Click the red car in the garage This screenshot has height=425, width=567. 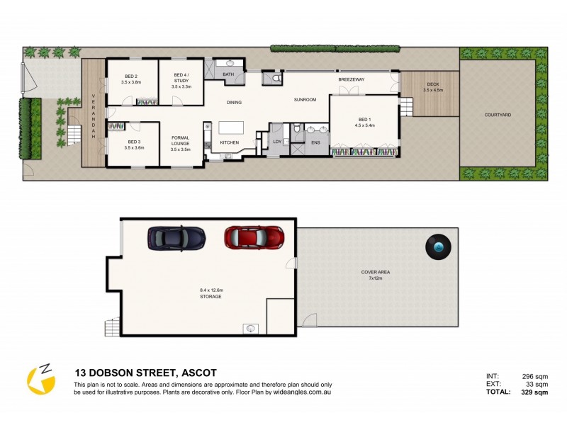[254, 237]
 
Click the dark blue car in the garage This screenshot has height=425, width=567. [176, 237]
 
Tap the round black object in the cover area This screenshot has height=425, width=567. [439, 246]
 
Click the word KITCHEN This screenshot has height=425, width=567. [230, 143]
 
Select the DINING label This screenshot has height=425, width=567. [234, 103]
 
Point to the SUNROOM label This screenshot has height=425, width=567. [305, 101]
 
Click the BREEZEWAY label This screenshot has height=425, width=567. [351, 79]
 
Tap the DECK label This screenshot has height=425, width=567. [432, 86]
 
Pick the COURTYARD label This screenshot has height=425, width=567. [498, 114]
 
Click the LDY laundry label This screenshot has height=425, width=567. [278, 142]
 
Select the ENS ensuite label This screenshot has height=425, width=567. [315, 143]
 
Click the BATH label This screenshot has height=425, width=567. [228, 74]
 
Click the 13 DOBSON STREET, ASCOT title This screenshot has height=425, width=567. [146, 373]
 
